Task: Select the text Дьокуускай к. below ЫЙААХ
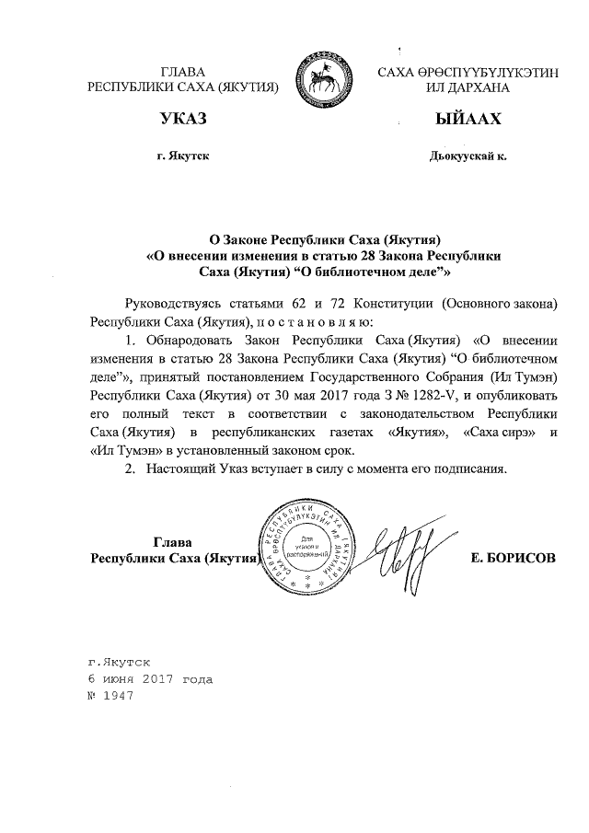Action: coord(468,156)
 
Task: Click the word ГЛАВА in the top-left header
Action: coord(182,72)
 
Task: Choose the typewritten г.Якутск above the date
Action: coord(118,663)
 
